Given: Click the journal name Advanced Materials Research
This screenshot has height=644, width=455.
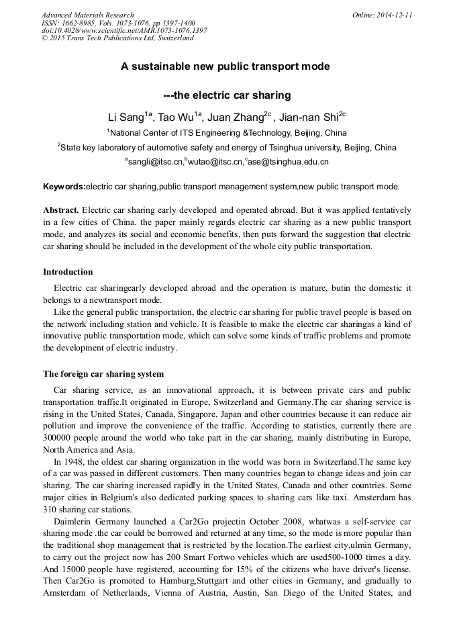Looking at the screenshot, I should [87, 15].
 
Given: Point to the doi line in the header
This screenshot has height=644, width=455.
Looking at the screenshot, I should [124, 30].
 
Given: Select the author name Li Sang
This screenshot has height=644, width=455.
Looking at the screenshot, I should [128, 117].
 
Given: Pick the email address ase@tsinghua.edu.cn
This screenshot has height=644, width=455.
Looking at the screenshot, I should [289, 162].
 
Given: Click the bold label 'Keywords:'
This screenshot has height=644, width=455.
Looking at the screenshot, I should [64, 186].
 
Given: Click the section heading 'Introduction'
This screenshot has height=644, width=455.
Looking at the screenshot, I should [68, 272].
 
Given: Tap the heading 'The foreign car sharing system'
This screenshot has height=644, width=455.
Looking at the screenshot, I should [103, 373].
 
